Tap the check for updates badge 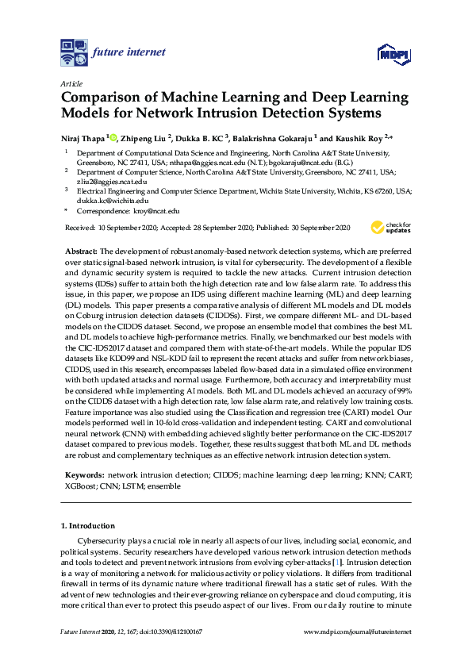point(391,228)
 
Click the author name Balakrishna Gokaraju point(272,138)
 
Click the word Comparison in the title point(100,98)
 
